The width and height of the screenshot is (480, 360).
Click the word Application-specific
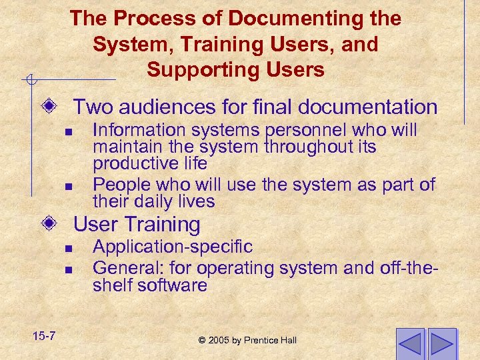[x=173, y=247]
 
